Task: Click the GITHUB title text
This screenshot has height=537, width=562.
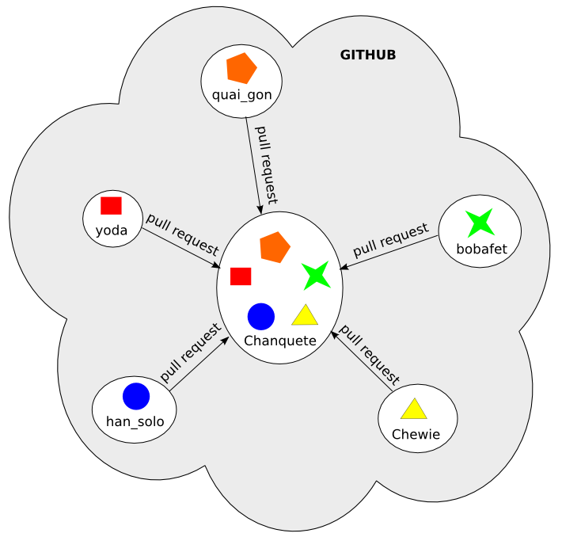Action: click(x=367, y=55)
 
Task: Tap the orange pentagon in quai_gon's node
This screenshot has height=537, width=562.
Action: click(x=241, y=69)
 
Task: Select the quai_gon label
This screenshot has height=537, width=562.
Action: click(x=242, y=95)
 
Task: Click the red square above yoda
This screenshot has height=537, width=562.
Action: click(x=111, y=206)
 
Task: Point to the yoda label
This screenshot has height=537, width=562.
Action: click(x=112, y=230)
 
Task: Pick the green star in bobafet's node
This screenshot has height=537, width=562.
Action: click(x=480, y=223)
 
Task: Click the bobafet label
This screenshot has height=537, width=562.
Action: click(x=481, y=249)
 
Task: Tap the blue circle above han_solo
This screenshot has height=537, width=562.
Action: click(x=136, y=396)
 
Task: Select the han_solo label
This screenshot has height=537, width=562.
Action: click(x=135, y=421)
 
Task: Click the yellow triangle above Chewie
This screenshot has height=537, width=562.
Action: click(x=414, y=409)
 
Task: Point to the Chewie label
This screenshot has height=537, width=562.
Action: click(x=416, y=434)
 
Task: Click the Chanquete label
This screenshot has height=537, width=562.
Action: click(x=280, y=341)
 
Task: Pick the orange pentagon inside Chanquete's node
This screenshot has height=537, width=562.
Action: click(x=275, y=247)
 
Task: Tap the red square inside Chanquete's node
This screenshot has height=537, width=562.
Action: click(x=241, y=276)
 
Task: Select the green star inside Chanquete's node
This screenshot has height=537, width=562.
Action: click(x=316, y=275)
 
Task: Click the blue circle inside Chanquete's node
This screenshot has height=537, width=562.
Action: click(x=261, y=316)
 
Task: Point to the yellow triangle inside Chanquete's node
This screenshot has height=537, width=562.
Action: click(x=305, y=316)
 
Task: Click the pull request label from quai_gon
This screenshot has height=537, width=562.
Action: click(x=267, y=162)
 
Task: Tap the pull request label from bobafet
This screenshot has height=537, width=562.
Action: click(x=391, y=242)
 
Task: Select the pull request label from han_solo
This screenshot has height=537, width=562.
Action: click(x=190, y=352)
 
